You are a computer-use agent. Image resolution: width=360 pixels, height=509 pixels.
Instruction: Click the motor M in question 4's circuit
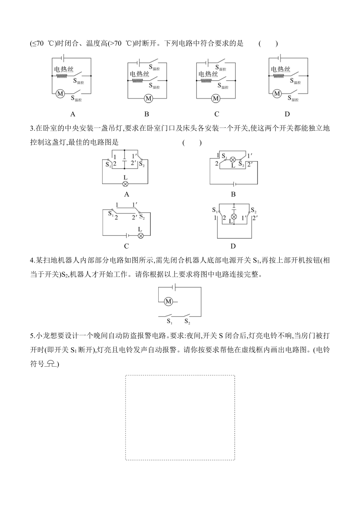(168, 301)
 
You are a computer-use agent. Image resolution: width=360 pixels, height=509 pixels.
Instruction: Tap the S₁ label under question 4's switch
(170, 321)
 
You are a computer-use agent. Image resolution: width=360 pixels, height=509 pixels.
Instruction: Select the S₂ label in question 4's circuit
(187, 321)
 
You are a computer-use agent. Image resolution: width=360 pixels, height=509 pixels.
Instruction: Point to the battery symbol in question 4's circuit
(175, 287)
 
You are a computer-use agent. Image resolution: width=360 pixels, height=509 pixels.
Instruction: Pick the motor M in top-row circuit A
(60, 93)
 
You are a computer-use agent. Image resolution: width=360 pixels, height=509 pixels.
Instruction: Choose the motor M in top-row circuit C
(216, 98)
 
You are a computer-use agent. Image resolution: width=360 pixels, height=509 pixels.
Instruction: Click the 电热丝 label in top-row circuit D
(280, 69)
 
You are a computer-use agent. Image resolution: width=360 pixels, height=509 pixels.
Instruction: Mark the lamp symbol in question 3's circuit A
(125, 184)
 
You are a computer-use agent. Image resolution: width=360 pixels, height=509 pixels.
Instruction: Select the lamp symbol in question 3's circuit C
(141, 236)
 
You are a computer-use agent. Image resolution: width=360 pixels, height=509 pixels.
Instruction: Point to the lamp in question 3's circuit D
(234, 216)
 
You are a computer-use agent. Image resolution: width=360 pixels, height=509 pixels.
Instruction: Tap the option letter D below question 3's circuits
(233, 246)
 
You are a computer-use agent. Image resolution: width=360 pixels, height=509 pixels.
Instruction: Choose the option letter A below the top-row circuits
(73, 114)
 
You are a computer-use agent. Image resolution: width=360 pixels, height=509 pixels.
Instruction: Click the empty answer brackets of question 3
(192, 143)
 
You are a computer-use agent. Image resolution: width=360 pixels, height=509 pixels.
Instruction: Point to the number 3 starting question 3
(32, 129)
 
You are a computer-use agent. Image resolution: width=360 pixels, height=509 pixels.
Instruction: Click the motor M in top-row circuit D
(277, 93)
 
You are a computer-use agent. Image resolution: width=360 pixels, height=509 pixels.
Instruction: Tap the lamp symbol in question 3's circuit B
(233, 159)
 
